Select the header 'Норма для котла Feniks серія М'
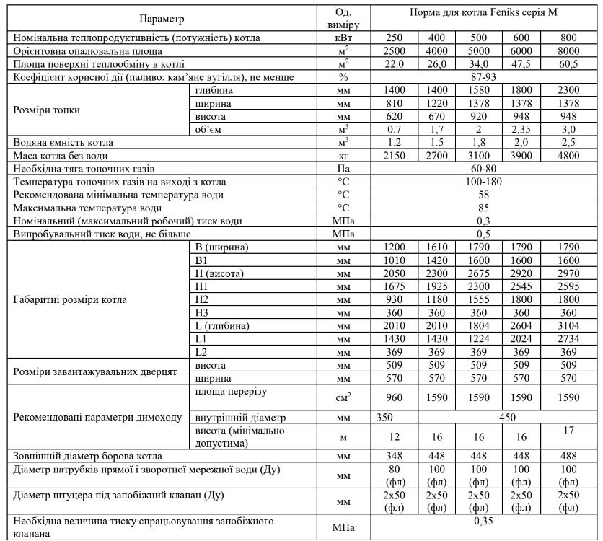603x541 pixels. coord(483,12)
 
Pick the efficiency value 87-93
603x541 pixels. coord(483,76)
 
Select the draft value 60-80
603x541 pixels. coord(483,169)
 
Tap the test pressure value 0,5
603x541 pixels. coord(483,234)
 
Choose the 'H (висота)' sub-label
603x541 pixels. coord(220,273)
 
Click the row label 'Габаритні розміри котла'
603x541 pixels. coord(71,299)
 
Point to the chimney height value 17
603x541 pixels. coord(568,431)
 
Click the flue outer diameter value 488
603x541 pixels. coord(568,455)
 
